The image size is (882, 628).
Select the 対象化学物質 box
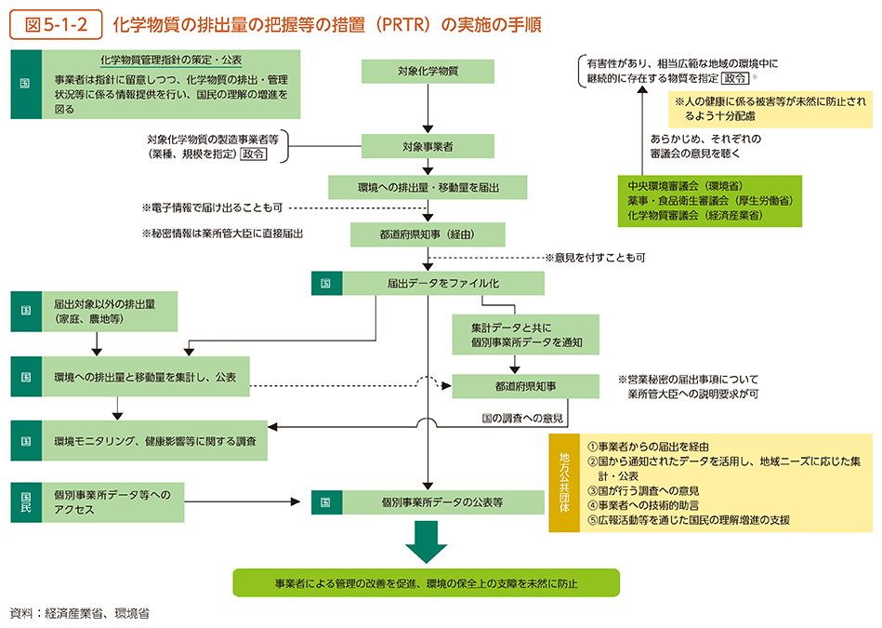[x=428, y=70]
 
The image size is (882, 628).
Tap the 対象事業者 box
[x=428, y=147]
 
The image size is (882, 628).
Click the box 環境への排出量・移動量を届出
[x=428, y=187]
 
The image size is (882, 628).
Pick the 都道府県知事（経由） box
[x=428, y=234]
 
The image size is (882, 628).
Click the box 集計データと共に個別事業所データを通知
[x=525, y=334]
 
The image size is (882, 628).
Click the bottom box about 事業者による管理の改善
[x=427, y=583]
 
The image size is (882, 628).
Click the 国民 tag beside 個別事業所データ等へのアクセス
[x=25, y=502]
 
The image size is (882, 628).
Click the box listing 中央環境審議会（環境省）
[x=710, y=200]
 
